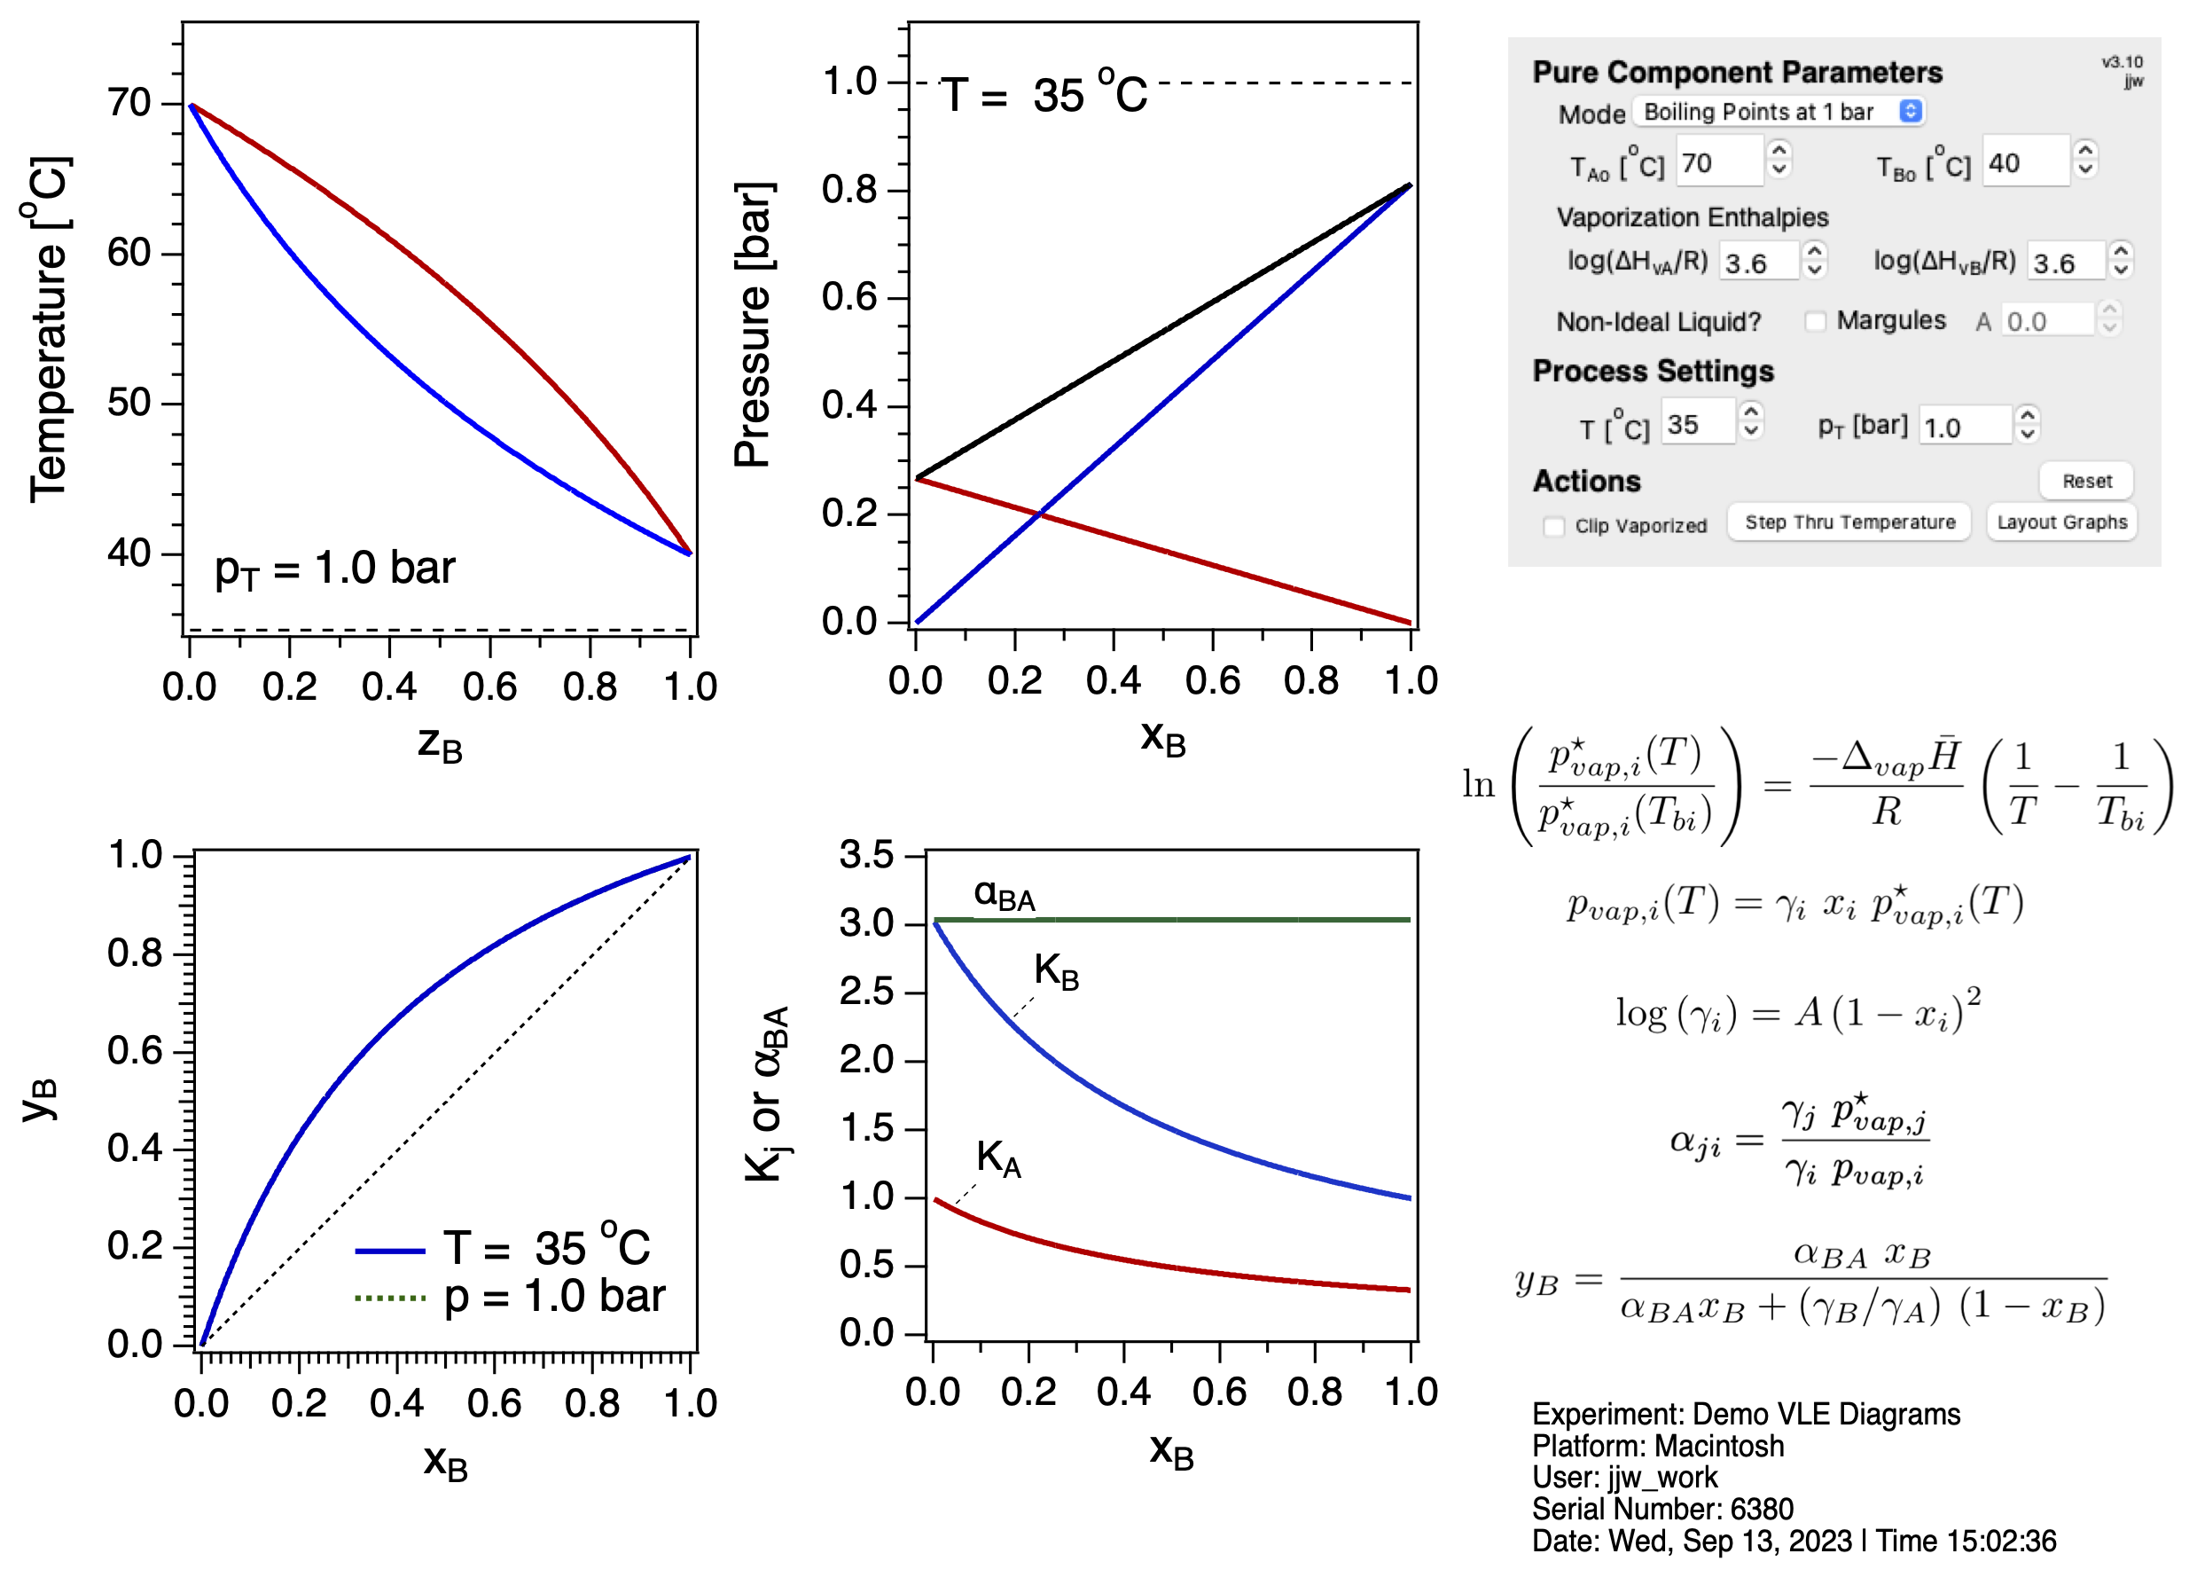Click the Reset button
pos(2085,481)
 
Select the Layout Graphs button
pos(2061,522)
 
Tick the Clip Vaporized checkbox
pos(1554,526)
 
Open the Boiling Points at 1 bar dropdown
pos(1778,112)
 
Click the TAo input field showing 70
pos(1718,163)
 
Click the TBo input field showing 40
pos(2026,163)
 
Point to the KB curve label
pos(1056,971)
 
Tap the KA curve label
pos(997,1157)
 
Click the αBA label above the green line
pos(1004,895)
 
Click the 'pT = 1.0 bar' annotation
pos(334,569)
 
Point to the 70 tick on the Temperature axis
pos(129,103)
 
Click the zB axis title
pos(440,744)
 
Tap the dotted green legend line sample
pos(390,1298)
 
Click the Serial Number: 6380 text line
pos(1662,1509)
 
